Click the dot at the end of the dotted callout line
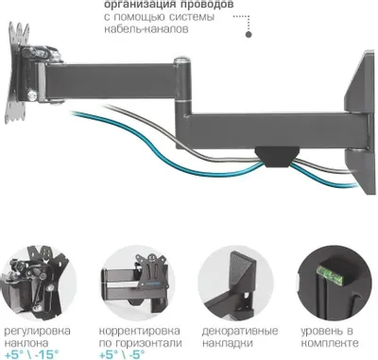coord(249,36)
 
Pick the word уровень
coord(321,332)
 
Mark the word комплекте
coord(327,344)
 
